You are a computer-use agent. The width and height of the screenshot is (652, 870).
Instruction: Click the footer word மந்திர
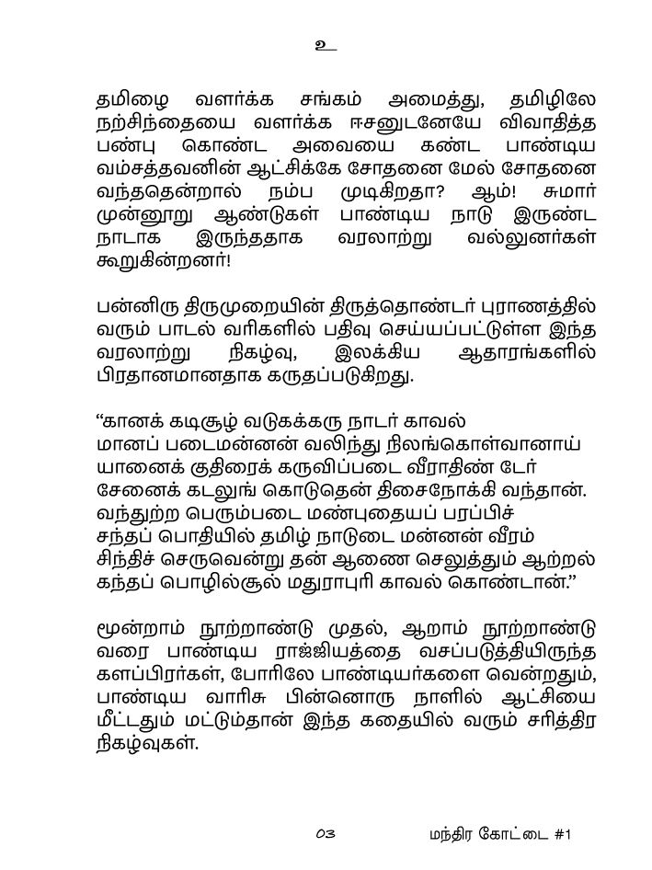[450, 835]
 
